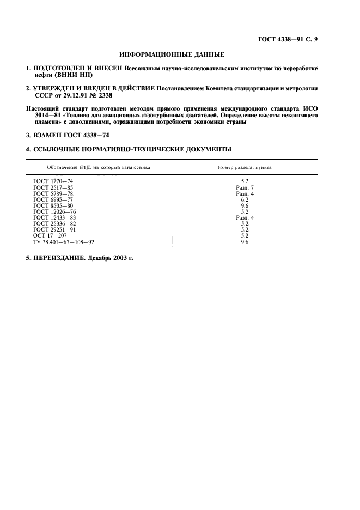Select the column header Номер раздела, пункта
point(245,167)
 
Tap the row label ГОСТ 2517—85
point(53,187)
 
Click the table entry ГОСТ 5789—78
point(53,193)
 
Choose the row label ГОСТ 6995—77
point(53,199)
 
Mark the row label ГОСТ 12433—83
point(54,217)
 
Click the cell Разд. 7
point(245,187)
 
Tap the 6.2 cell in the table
point(245,199)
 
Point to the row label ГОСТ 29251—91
point(54,229)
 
